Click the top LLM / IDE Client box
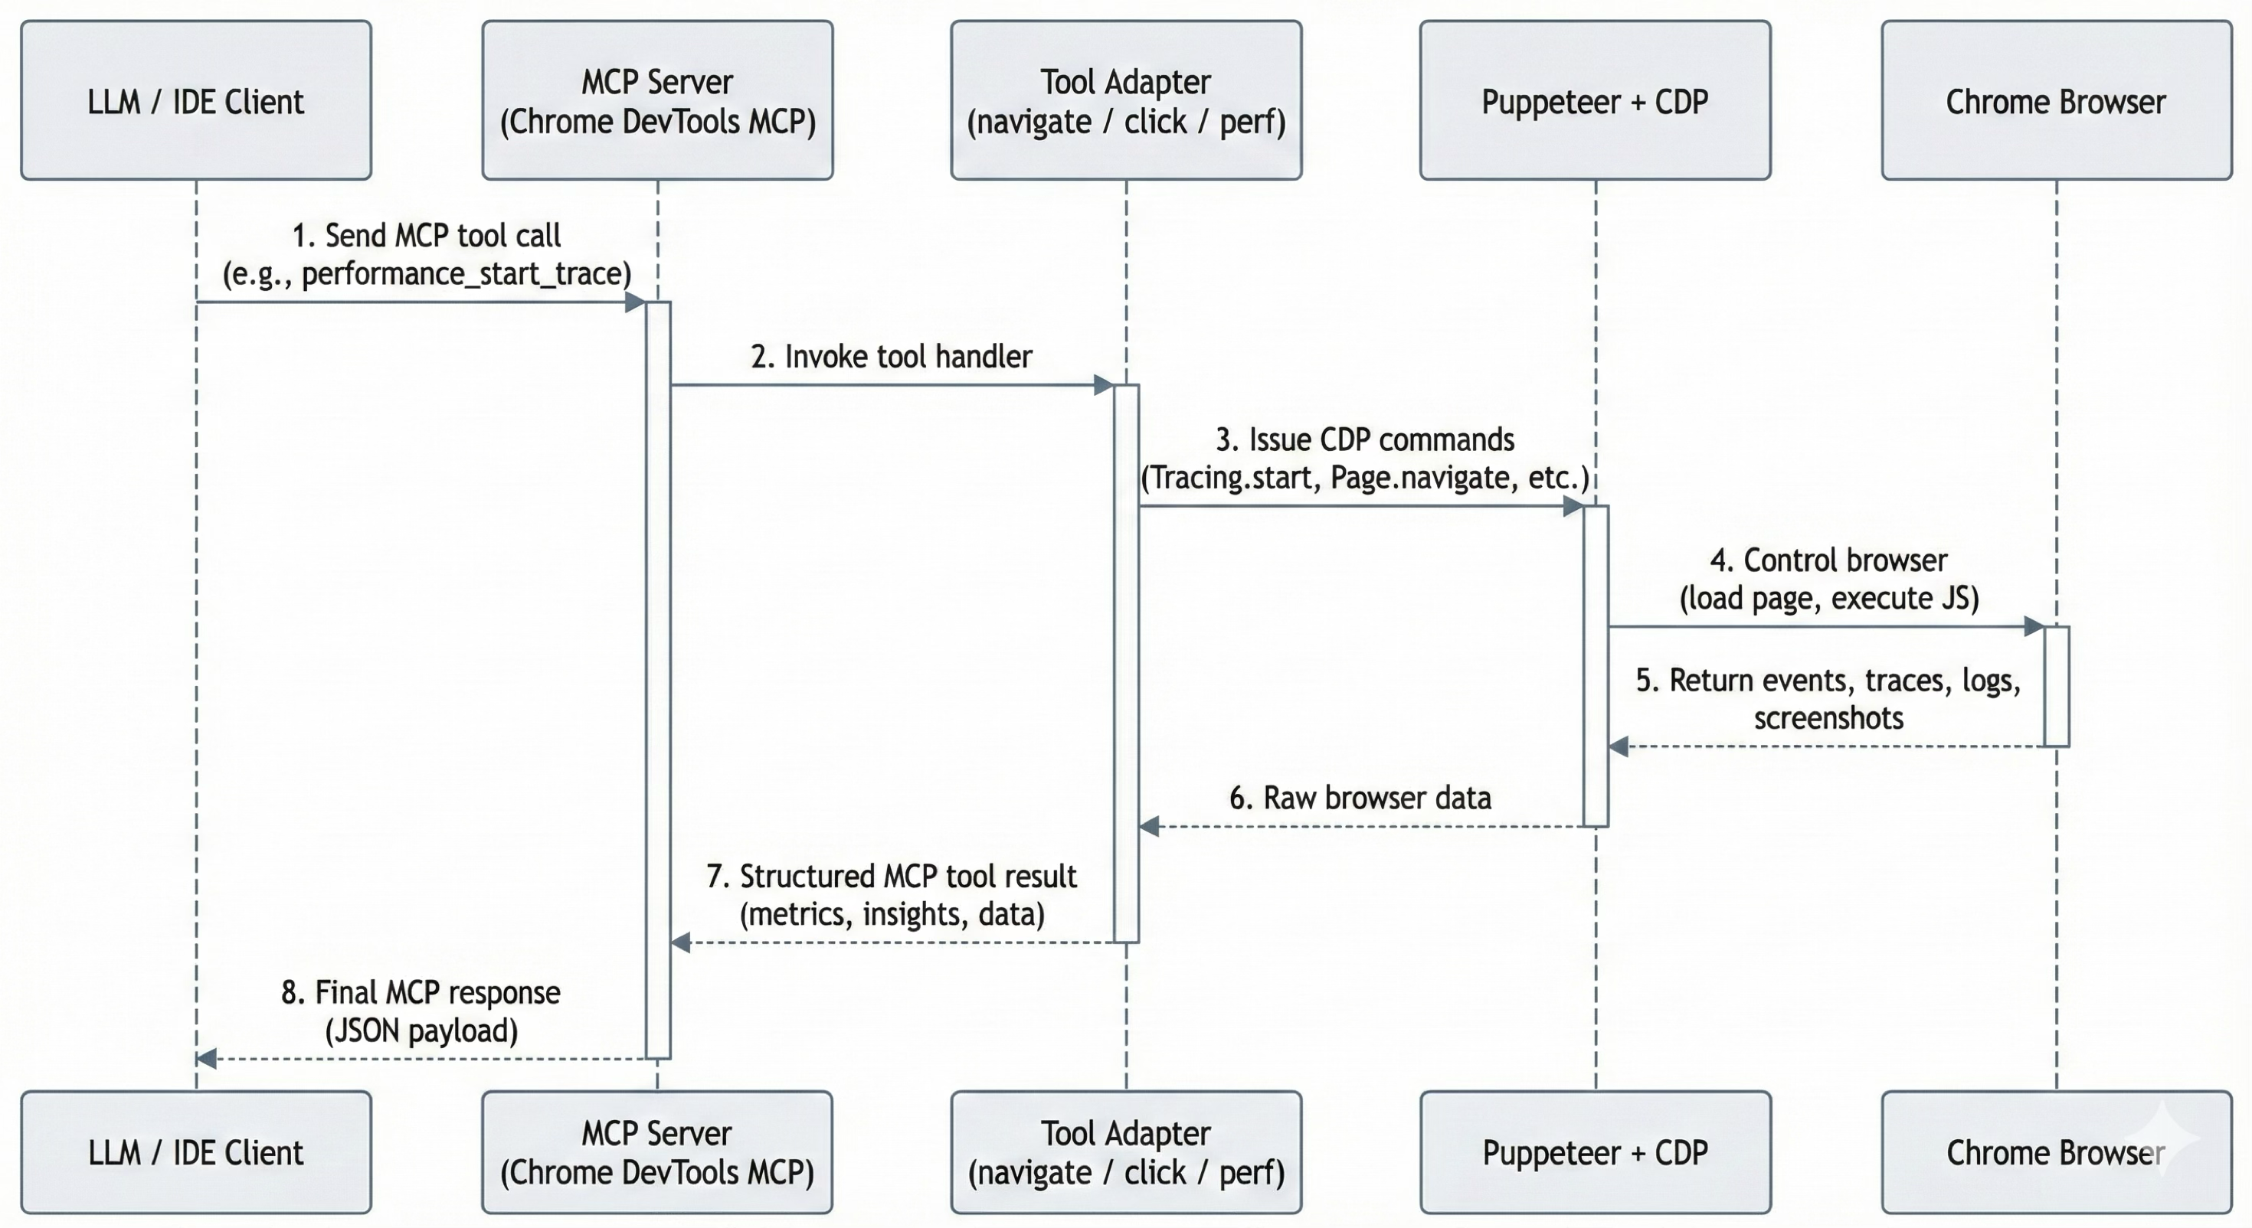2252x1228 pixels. point(196,100)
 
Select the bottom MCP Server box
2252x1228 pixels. point(656,1151)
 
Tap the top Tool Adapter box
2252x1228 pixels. point(1126,100)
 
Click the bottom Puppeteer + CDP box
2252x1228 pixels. point(1596,1151)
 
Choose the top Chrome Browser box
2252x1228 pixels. point(2056,100)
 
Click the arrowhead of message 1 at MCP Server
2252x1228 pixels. point(636,302)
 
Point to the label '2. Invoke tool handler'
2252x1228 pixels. point(891,357)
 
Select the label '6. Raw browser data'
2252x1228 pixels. point(1360,797)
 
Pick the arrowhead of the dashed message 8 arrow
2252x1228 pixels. point(206,1059)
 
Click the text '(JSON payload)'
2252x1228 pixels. point(421,1030)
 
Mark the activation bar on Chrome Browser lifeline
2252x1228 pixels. point(2056,686)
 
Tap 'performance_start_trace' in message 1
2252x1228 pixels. point(464,274)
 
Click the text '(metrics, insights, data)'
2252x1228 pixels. point(892,914)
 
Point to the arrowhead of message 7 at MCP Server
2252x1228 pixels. point(681,942)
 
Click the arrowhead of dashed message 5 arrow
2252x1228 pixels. point(1619,746)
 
